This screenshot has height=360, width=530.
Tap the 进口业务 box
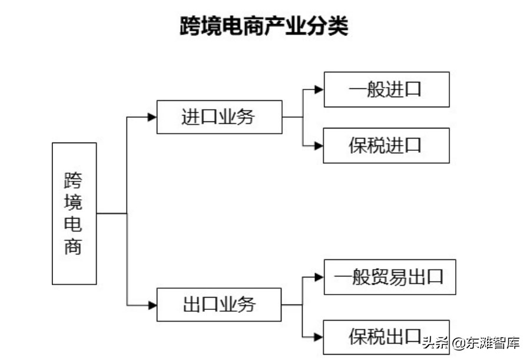pos(219,117)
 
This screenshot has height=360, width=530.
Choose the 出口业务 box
pos(219,305)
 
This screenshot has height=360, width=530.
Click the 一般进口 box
pos(386,90)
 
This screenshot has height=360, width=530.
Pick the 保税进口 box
pos(386,146)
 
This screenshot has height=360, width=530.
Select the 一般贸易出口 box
pos(390,277)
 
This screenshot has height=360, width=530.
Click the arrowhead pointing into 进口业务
pos(152,117)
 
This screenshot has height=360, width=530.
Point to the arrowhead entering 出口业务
pos(152,305)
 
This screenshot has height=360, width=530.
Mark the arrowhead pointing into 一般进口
pos(319,90)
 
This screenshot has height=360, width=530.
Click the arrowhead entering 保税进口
pos(319,146)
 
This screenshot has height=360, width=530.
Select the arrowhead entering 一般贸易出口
pos(319,277)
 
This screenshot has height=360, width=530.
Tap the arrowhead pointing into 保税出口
pos(319,337)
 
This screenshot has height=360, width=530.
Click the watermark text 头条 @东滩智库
pos(471,342)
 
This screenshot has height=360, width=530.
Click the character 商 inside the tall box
pos(74,246)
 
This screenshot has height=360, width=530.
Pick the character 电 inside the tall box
pos(74,224)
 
